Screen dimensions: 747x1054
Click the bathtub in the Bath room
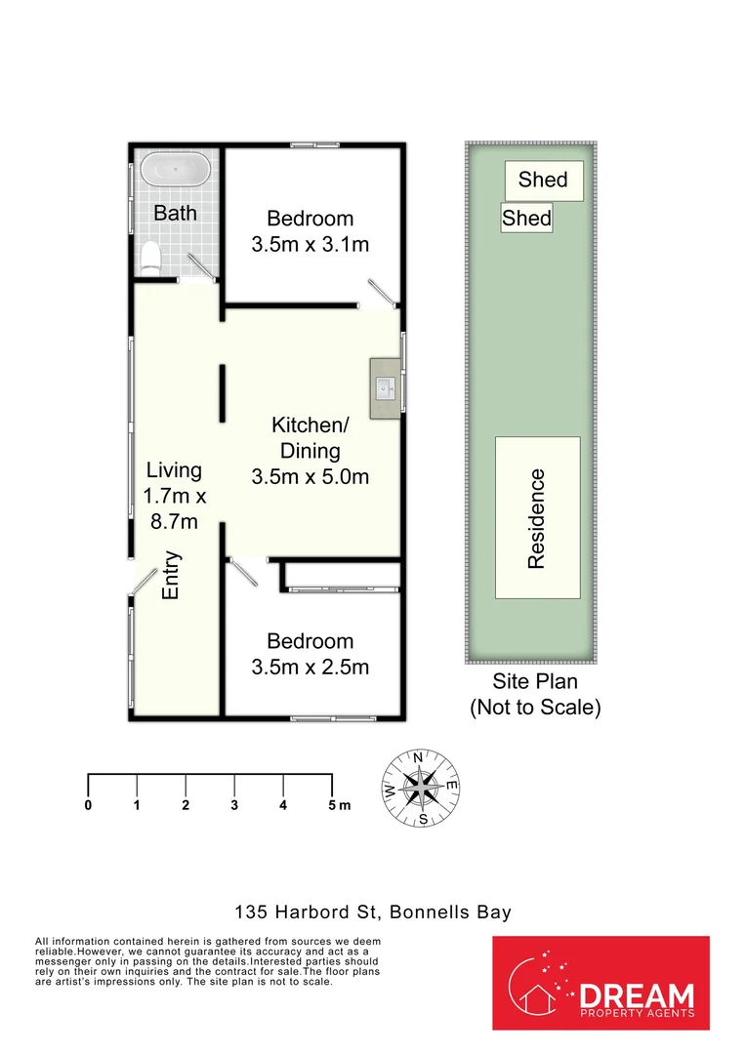[176, 169]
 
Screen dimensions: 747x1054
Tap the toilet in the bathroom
[151, 258]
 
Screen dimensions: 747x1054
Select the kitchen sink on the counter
[386, 387]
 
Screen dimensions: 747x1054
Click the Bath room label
[175, 213]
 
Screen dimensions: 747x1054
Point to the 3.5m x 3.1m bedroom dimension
[310, 244]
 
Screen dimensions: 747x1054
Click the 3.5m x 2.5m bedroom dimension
[310, 667]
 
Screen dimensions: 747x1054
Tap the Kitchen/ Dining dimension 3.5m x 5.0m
[310, 476]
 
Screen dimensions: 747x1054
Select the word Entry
[172, 576]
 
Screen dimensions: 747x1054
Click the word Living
[174, 469]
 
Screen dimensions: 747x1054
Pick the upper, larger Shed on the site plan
[544, 181]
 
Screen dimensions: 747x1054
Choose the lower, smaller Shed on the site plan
[526, 218]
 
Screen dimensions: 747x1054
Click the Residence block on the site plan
[537, 517]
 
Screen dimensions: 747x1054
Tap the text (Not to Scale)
[535, 708]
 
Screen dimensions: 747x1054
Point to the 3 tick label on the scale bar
[234, 804]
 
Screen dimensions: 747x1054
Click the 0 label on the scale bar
[88, 804]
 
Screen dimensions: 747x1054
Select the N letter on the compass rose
[418, 758]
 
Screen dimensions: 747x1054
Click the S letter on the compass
[423, 819]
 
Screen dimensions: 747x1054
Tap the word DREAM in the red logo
[636, 994]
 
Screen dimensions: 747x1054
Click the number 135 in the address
[251, 912]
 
